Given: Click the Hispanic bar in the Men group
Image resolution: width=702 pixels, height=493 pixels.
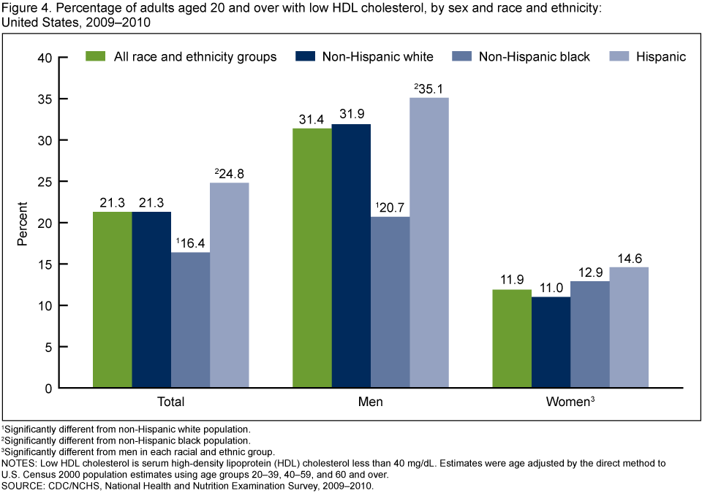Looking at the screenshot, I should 429,242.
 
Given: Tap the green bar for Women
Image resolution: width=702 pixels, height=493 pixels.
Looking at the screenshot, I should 511,339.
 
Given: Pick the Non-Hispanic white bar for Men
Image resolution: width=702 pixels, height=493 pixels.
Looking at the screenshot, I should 351,256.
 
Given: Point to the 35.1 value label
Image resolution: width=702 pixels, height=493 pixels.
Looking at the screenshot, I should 431,89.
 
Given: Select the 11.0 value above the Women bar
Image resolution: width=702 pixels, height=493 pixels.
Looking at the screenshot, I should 551,288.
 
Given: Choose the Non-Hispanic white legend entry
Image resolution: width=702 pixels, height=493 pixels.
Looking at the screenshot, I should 377,56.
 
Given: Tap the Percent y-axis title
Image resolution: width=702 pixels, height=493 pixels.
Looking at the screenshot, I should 23,223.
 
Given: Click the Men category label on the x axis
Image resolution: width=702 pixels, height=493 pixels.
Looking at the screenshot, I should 370,402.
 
